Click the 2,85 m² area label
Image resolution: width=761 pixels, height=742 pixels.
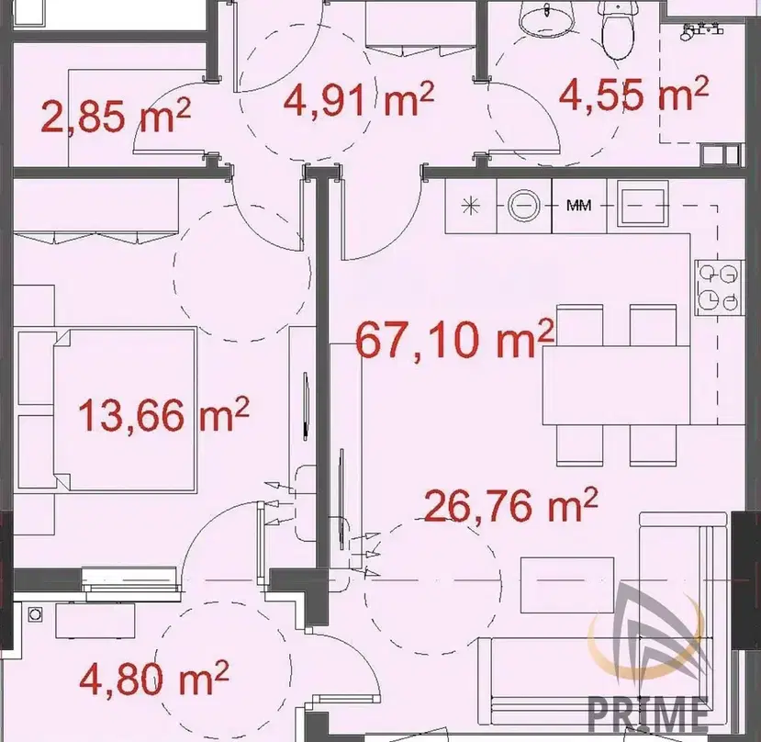(x=116, y=116)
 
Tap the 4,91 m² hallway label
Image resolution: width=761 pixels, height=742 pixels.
(x=358, y=99)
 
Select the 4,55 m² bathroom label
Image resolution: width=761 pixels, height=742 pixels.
(x=633, y=92)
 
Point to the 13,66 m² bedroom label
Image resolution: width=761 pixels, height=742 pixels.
(x=163, y=414)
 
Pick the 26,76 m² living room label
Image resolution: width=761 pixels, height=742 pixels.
(x=510, y=505)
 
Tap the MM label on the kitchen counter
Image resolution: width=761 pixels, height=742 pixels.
(x=579, y=206)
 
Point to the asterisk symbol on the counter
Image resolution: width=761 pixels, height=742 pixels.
(x=470, y=206)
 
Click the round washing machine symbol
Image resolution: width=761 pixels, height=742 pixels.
(x=524, y=206)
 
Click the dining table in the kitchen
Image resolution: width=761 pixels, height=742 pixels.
(x=616, y=385)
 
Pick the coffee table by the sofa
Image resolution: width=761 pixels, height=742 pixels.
(x=567, y=585)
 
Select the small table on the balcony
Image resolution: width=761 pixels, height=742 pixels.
(x=95, y=621)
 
